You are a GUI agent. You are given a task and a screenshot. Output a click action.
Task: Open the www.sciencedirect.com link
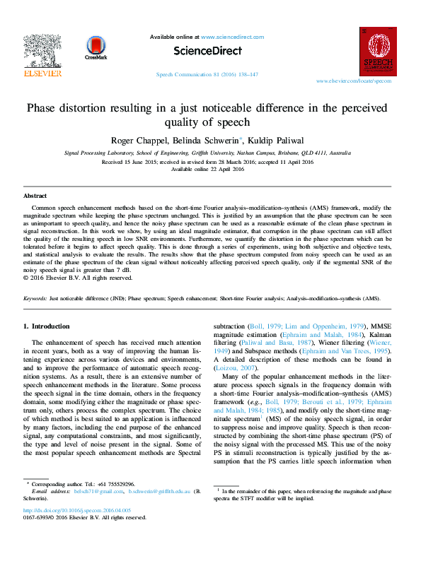pos(232,37)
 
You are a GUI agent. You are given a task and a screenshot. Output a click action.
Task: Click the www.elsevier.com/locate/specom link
pos(354,81)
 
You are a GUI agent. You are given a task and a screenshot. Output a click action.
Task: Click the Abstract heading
pos(35,195)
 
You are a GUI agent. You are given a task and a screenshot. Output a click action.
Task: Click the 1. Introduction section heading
pos(47,326)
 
